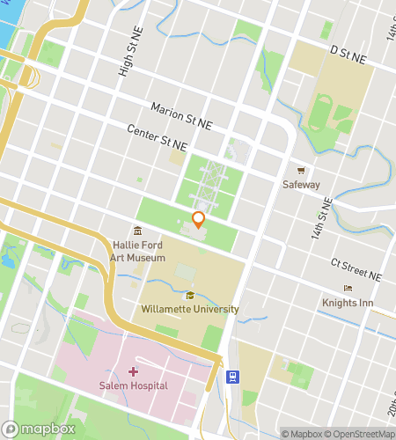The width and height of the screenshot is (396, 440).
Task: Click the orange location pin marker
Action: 199,220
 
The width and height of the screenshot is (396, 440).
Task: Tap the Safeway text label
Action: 301,185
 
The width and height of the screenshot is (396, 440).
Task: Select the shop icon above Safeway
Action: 301,171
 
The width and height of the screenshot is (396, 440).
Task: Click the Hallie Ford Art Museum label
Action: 138,252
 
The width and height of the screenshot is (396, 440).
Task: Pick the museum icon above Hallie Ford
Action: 138,231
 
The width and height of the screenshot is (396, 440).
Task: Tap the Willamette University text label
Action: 190,309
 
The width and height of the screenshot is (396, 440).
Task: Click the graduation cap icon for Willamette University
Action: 190,295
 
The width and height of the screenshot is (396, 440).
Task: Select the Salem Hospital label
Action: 133,386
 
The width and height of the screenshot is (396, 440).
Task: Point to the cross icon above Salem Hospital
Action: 133,372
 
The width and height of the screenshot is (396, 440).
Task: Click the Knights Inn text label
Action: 348,303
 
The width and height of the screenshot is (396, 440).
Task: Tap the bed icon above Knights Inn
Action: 348,289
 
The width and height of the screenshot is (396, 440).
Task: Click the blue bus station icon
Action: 232,377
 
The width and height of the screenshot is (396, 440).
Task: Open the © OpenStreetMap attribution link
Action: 359,433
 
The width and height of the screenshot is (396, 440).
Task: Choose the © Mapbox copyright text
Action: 302,433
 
